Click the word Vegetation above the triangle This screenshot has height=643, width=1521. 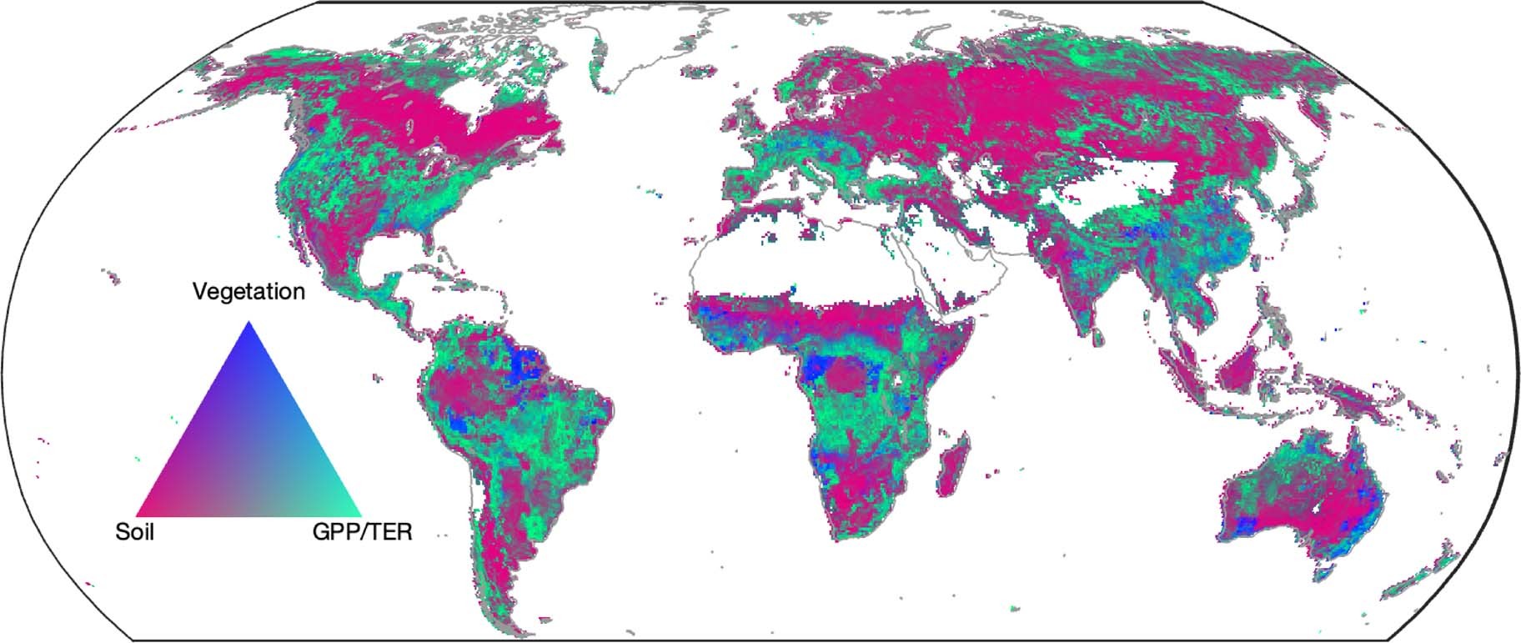[x=248, y=292]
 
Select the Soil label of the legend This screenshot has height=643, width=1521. [x=135, y=532]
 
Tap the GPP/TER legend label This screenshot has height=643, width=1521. [x=362, y=532]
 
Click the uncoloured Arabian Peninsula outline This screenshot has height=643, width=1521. [x=959, y=267]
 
